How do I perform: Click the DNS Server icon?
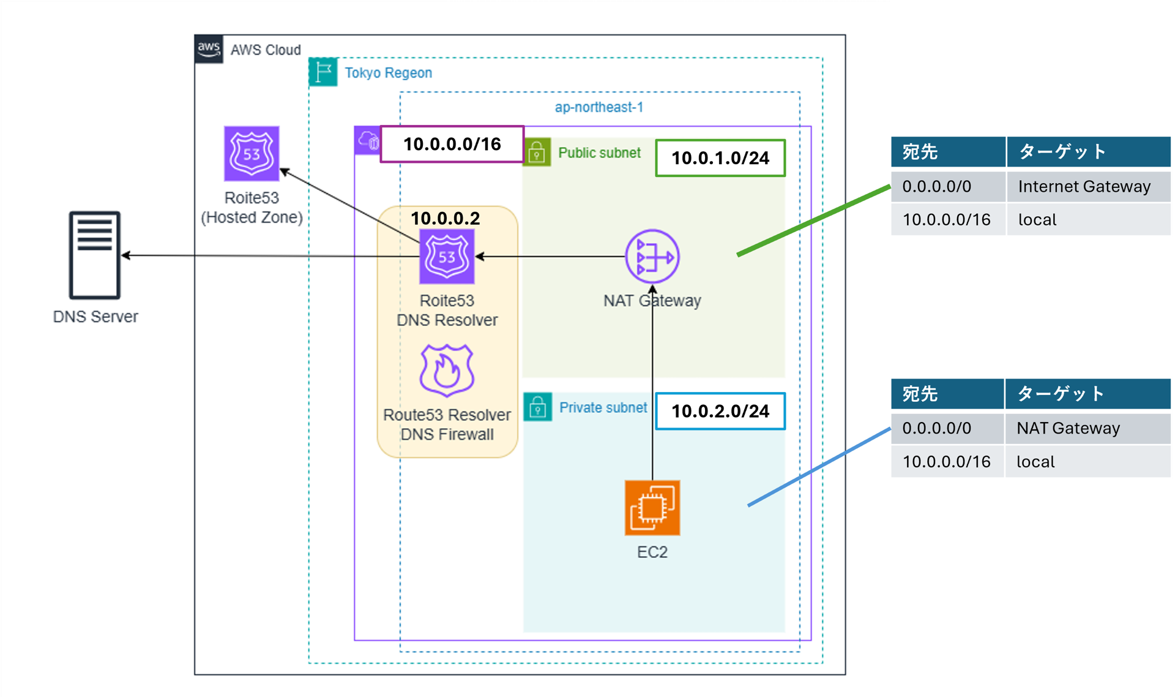click(x=94, y=255)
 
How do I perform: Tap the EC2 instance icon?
click(x=652, y=508)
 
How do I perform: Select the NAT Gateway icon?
click(x=652, y=256)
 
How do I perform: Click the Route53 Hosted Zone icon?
click(x=252, y=154)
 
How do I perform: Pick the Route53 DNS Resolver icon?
click(x=447, y=256)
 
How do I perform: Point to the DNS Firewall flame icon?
click(x=447, y=371)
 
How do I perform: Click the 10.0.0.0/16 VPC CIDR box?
click(x=452, y=145)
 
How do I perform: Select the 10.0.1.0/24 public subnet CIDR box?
click(x=720, y=159)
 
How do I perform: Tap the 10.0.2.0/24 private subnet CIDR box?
click(x=720, y=411)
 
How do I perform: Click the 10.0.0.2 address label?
click(x=445, y=219)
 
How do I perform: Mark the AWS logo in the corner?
click(x=209, y=49)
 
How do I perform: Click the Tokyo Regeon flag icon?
click(x=323, y=72)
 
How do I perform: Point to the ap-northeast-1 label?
click(x=599, y=107)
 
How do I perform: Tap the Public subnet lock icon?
click(x=537, y=152)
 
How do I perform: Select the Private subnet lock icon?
click(x=537, y=407)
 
